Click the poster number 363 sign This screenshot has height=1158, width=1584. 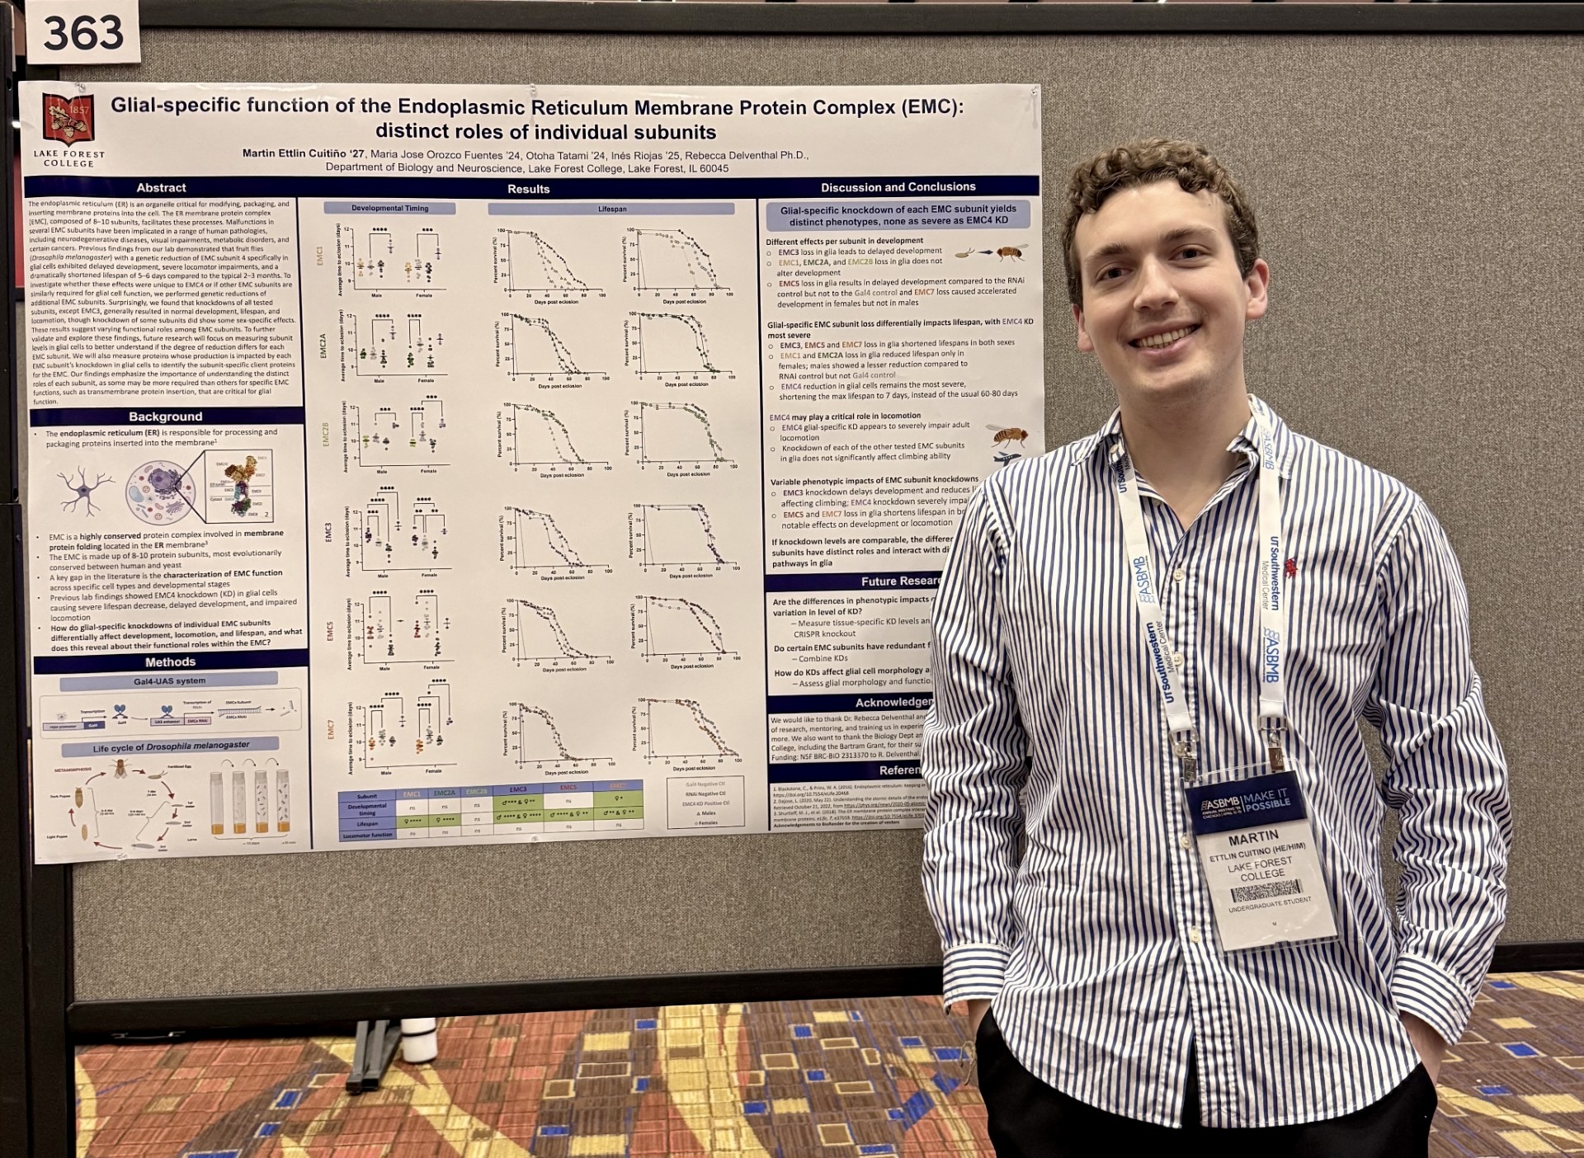(x=82, y=33)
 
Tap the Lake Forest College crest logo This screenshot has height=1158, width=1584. (x=68, y=120)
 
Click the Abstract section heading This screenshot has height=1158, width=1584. (x=161, y=188)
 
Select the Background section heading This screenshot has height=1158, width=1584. (x=165, y=417)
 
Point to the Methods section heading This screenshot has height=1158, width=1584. (x=170, y=662)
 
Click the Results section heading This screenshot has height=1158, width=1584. (x=528, y=189)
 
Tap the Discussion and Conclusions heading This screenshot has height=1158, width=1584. (x=898, y=187)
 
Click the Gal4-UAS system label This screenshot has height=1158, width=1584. (x=169, y=681)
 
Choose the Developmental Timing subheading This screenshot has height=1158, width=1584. (x=389, y=208)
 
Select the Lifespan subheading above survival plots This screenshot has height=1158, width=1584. (x=612, y=209)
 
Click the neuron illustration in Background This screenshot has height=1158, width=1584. (x=85, y=488)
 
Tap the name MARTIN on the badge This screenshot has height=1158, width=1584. (x=1252, y=839)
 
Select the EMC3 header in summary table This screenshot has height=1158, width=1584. (x=517, y=790)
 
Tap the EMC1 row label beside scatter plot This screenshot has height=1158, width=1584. (x=320, y=257)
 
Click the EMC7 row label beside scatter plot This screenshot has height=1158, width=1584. (x=331, y=729)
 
